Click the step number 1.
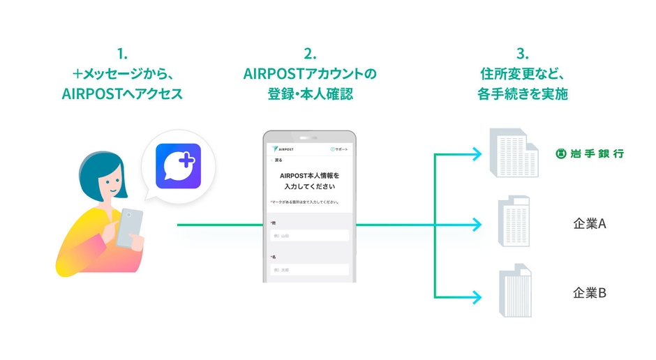pos(122,54)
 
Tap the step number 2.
pos(310,54)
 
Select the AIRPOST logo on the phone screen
pos(282,149)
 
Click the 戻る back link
pos(277,160)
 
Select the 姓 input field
pos(309,236)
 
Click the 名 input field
pos(309,269)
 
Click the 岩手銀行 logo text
pos(590,153)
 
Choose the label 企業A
pos(590,224)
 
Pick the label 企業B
pos(590,292)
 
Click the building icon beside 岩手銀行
pos(514,153)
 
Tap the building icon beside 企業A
pos(514,222)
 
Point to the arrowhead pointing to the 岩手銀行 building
pos(477,153)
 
